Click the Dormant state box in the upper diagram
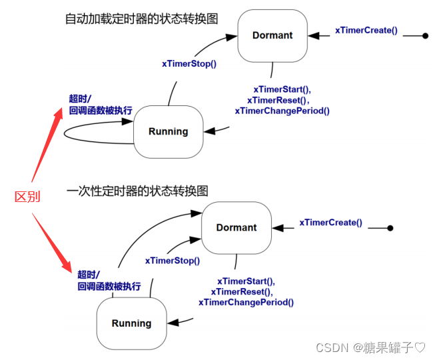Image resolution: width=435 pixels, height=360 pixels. click(272, 35)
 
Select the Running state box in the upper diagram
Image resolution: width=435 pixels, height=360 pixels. click(168, 131)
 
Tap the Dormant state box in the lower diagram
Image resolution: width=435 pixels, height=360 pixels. click(236, 227)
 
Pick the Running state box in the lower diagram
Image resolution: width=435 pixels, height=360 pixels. click(131, 323)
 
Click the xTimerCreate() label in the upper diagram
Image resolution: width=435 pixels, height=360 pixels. click(366, 30)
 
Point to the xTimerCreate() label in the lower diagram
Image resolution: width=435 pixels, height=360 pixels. click(330, 223)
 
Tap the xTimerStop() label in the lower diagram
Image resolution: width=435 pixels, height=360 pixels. click(173, 261)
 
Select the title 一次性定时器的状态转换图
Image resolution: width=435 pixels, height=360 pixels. click(137, 191)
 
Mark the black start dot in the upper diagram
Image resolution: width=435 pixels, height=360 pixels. click(425, 35)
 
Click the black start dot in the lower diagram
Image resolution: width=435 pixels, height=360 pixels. click(390, 228)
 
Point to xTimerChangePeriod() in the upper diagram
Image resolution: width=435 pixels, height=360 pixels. click(282, 111)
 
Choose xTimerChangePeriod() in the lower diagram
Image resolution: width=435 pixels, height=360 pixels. click(246, 302)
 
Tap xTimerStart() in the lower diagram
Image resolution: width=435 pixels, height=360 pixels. click(246, 281)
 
